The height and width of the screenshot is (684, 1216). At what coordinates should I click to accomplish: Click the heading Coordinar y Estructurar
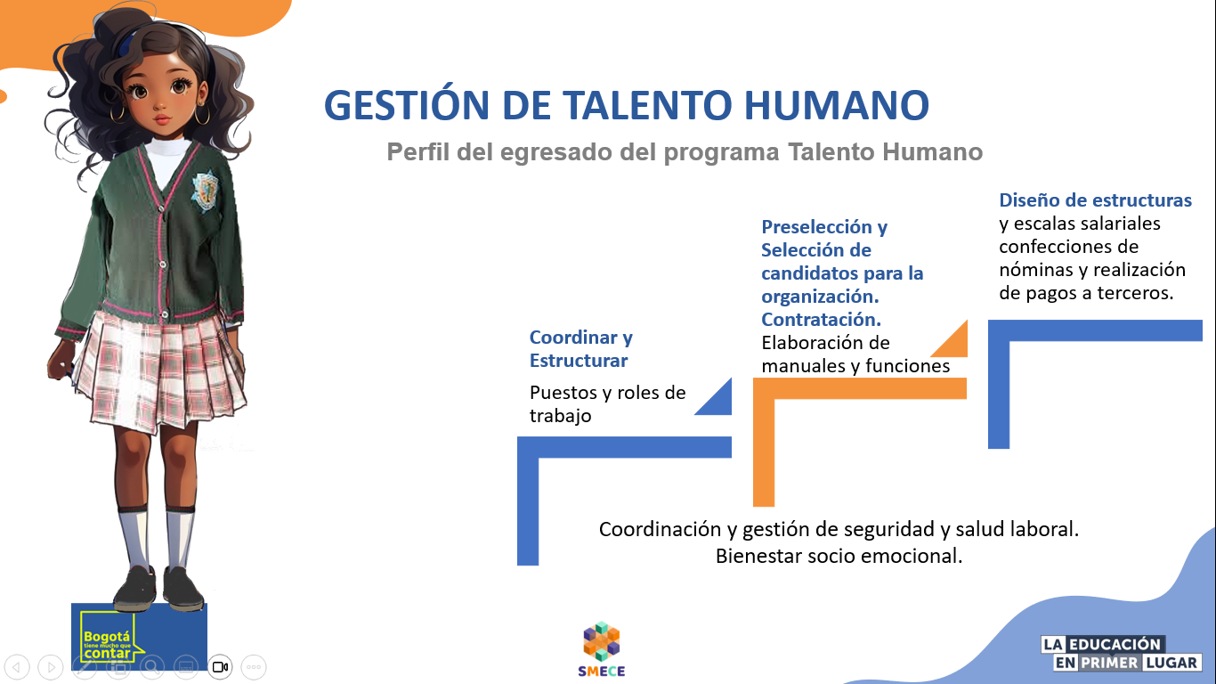coord(580,349)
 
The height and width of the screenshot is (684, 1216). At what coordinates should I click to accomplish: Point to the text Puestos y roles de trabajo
coord(607,404)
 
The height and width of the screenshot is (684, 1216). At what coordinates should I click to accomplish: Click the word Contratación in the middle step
coord(821,319)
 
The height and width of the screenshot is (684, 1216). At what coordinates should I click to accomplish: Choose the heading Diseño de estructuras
coord(1095,200)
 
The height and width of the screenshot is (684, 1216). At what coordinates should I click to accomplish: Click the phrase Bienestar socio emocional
coord(839,557)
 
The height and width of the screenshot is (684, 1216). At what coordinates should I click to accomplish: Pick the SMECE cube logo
coord(602,642)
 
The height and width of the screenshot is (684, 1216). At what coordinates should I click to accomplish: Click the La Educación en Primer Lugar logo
coord(1122,654)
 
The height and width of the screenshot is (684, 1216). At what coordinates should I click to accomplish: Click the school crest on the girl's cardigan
coord(205,189)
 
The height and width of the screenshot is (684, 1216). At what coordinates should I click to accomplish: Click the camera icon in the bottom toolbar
coord(220,666)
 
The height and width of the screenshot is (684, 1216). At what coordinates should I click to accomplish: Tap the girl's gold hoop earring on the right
coord(203,116)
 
